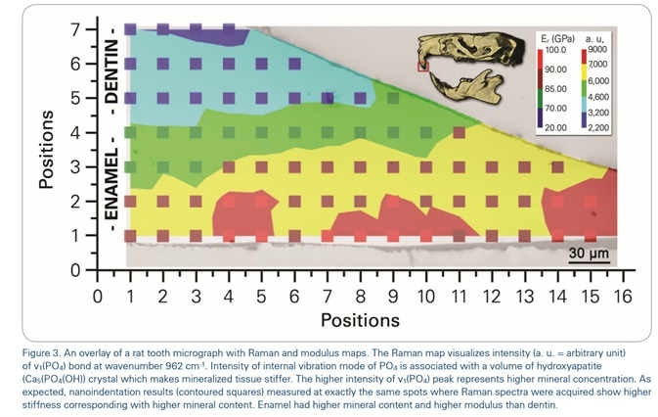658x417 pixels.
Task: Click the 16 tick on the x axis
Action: (622, 295)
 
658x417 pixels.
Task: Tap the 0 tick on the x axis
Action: (98, 295)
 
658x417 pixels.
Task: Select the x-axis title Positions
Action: (361, 319)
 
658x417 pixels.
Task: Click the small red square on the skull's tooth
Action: (423, 68)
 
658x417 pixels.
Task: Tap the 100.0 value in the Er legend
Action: (557, 48)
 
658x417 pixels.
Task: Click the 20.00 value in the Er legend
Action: (557, 126)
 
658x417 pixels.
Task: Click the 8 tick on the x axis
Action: (360, 295)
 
